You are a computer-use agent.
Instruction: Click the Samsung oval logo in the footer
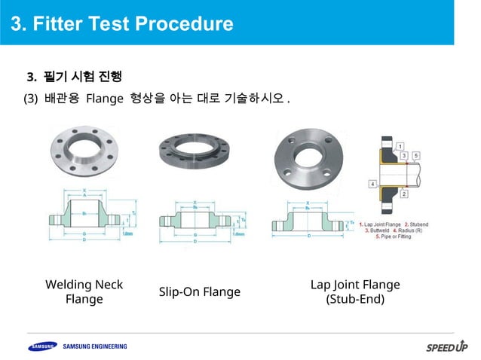click(x=42, y=346)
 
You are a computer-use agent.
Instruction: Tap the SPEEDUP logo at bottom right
click(x=446, y=347)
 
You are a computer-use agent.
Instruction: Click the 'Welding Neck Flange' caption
click(x=84, y=291)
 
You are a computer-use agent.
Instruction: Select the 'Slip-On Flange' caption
click(x=199, y=291)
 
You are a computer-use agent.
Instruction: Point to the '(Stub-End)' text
click(x=355, y=299)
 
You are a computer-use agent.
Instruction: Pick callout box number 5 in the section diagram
click(x=417, y=155)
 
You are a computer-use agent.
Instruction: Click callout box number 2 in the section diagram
click(x=405, y=194)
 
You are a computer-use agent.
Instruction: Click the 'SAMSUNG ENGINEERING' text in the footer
click(x=95, y=346)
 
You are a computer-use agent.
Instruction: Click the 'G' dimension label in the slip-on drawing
click(x=195, y=235)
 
